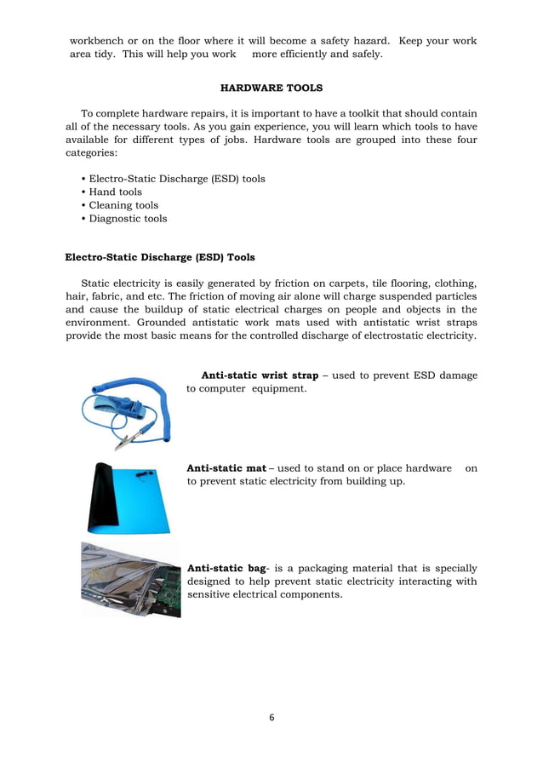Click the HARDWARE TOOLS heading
271,87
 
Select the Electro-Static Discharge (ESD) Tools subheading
160,256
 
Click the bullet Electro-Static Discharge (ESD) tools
176,179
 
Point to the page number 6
271,717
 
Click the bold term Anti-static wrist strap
260,375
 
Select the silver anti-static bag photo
130,580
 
